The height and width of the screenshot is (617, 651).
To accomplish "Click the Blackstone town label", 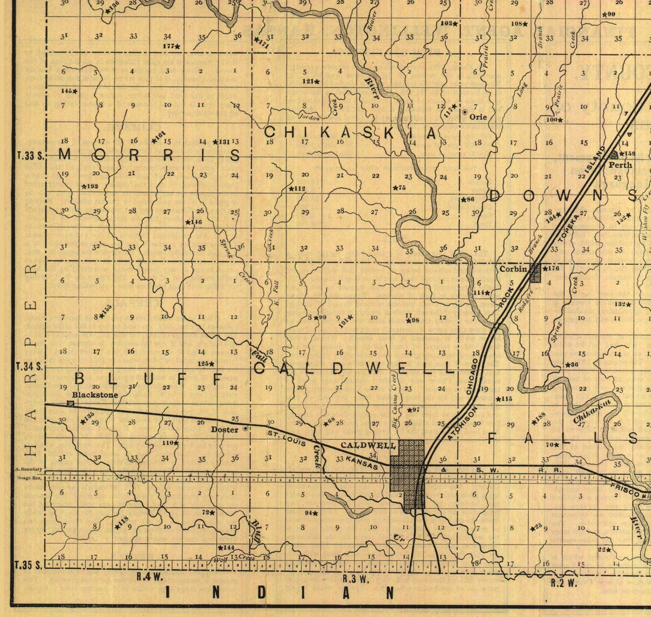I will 95,394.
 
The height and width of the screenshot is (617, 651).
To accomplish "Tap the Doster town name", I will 224,429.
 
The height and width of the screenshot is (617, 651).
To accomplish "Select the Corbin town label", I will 513,268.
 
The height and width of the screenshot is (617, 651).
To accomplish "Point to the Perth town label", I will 620,165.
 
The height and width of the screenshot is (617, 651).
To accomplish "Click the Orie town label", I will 478,117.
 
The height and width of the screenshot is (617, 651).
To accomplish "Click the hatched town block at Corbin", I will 535,273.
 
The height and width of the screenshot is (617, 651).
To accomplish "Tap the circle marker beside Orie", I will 465,112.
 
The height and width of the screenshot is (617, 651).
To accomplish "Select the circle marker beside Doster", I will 246,428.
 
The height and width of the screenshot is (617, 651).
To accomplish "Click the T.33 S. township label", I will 29,155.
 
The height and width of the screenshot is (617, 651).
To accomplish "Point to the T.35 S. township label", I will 29,565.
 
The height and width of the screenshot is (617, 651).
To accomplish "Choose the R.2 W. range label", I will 563,583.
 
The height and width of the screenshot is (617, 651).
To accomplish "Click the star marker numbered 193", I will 84,187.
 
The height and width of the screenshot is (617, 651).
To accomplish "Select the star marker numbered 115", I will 498,399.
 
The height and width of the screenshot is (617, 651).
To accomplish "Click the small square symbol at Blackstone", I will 70,404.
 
